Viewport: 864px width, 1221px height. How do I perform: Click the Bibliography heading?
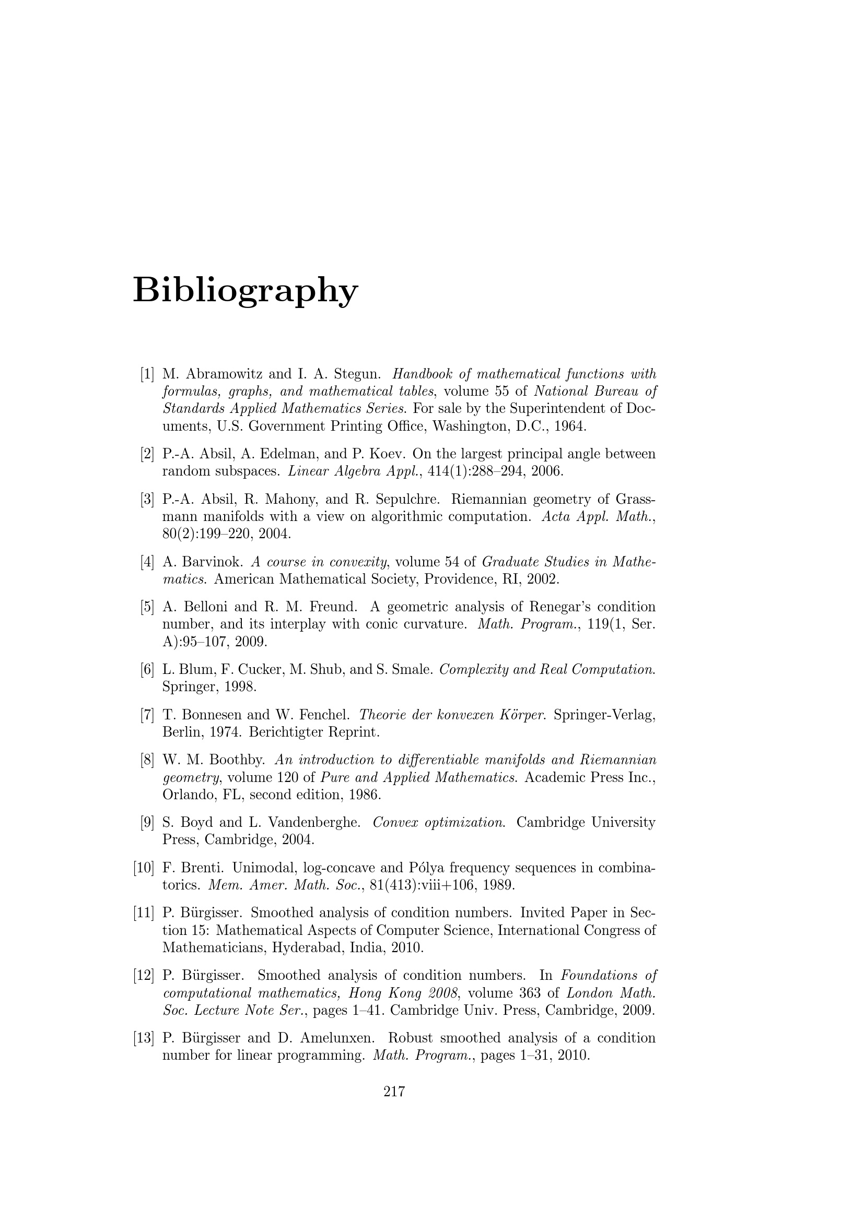(246, 291)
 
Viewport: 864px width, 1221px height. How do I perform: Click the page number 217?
(394, 1092)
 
